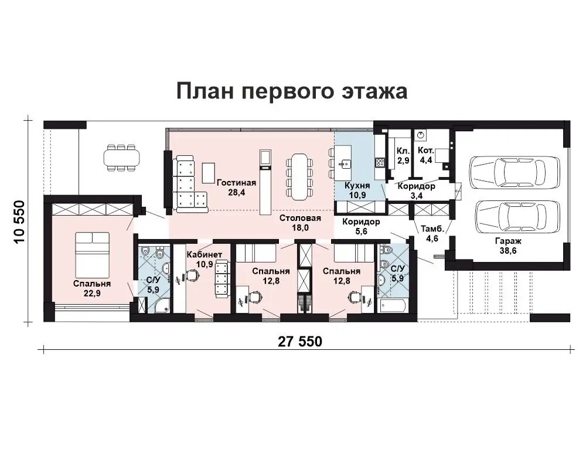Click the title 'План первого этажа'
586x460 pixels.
coord(292,91)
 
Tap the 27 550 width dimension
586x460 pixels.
coord(299,341)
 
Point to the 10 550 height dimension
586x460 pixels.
coord(19,222)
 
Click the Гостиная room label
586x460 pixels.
coord(236,183)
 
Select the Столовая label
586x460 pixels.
coord(300,218)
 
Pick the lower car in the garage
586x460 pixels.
coord(518,217)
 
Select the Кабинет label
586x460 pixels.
coord(204,254)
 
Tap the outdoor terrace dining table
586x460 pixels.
coord(121,158)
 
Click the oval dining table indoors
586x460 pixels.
coord(299,176)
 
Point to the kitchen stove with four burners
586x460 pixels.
coord(380,162)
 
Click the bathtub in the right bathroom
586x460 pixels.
coord(393,306)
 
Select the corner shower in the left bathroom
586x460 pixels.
coord(162,305)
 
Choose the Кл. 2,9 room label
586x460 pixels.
coord(403,155)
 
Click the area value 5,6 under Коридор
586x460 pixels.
coord(361,231)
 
